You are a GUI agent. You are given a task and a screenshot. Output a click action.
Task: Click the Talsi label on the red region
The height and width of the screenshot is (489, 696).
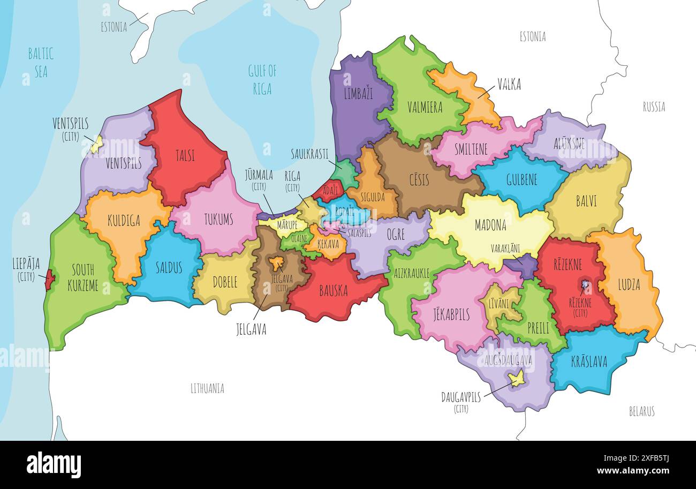[x=185, y=156]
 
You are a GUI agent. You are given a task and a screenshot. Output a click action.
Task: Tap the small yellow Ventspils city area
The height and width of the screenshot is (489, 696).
[x=96, y=144]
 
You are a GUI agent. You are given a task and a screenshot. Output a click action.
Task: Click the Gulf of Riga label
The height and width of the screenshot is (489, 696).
[x=262, y=79]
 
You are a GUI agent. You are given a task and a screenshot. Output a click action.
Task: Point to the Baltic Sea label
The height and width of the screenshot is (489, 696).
[x=41, y=62]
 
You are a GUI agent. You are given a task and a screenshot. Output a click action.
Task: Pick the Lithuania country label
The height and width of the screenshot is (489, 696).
[x=207, y=388]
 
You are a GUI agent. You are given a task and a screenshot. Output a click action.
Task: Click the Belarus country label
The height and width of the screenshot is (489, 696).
[x=641, y=411]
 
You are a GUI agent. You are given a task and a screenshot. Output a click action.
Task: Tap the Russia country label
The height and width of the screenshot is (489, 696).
[x=654, y=107]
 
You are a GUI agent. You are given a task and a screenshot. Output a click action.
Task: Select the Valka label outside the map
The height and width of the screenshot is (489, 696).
[x=509, y=84]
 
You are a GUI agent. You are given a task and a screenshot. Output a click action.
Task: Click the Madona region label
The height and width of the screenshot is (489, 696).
[x=490, y=225]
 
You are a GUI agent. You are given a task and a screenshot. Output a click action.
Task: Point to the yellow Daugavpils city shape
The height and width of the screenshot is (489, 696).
[x=516, y=379]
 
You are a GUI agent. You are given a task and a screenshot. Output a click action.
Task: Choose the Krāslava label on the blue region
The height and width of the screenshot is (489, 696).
[x=588, y=362]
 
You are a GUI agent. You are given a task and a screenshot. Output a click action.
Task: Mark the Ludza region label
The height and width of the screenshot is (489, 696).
[x=629, y=284]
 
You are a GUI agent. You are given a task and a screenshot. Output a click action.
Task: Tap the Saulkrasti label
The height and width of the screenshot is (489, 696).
[x=309, y=154]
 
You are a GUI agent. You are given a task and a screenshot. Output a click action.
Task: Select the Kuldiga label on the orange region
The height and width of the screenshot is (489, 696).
[x=124, y=221]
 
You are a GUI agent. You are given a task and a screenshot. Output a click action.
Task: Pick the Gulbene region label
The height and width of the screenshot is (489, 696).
[x=521, y=179]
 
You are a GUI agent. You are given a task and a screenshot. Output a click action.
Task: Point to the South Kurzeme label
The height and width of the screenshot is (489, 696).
[x=83, y=277]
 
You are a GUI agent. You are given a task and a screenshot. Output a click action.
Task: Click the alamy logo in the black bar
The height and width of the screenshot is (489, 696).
[x=54, y=464]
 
